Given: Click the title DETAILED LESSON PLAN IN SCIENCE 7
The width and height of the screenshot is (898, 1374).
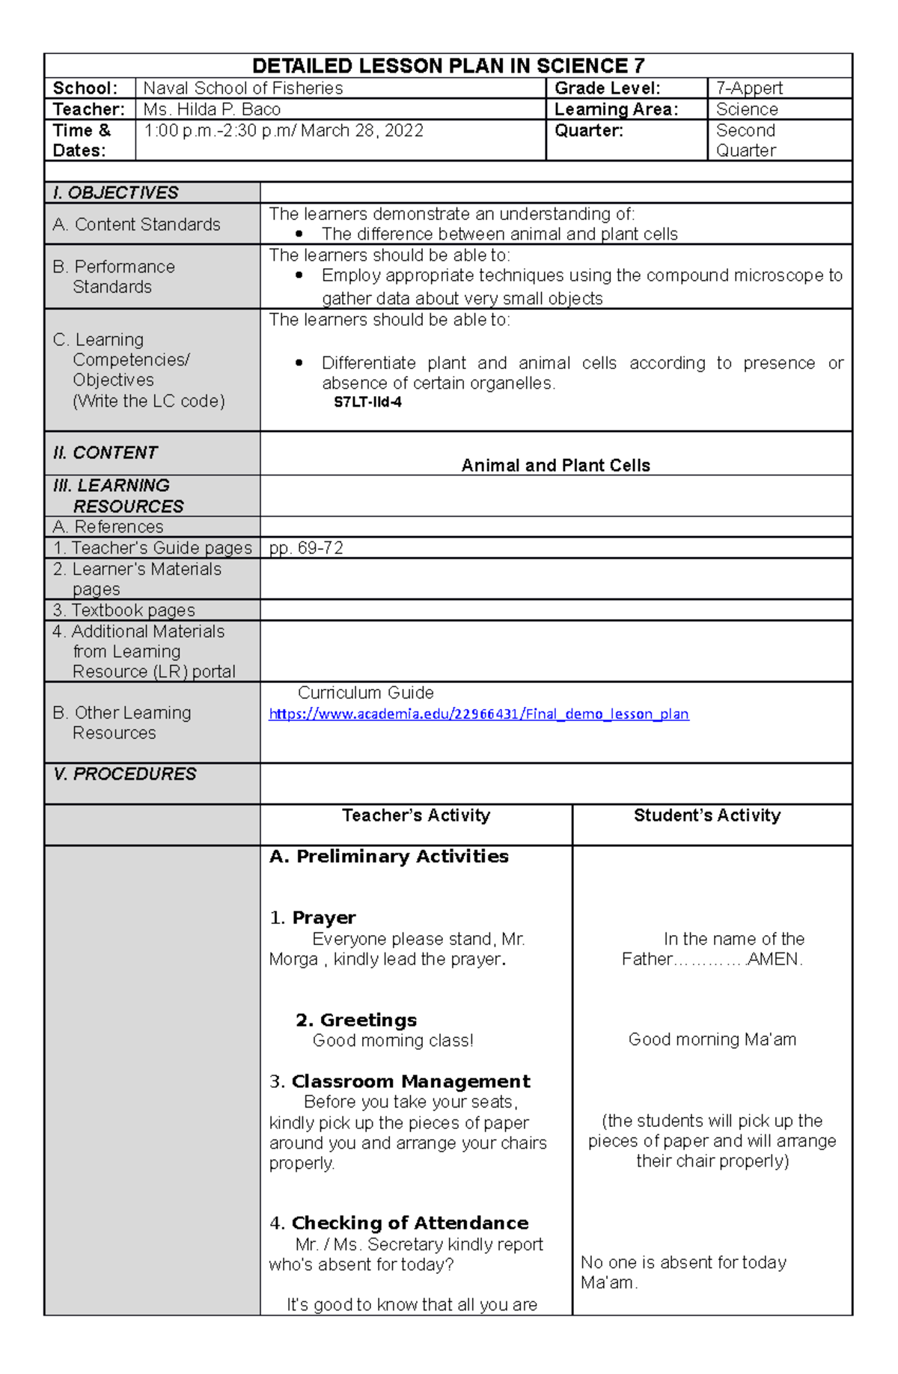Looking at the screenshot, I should click(448, 66).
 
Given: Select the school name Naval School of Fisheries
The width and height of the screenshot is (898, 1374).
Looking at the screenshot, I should click(243, 88).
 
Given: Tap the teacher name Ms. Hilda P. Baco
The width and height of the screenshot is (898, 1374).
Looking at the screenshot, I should click(212, 109).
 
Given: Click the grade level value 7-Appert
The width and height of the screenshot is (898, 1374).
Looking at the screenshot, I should click(749, 88).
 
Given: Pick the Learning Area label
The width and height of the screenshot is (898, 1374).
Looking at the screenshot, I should click(616, 109).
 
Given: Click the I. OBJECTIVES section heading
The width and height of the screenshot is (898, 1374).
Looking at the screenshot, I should click(115, 192).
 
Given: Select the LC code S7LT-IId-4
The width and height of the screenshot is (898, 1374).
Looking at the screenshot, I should click(367, 402).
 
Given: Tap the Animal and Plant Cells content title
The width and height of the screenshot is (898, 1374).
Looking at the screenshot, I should click(555, 466).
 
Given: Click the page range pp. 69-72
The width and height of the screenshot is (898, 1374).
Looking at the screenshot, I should click(306, 548).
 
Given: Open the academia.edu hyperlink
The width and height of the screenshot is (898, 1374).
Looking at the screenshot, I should click(479, 714).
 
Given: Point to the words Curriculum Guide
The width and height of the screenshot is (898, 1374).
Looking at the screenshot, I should click(365, 693).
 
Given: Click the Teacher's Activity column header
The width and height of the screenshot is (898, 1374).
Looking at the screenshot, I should click(416, 815).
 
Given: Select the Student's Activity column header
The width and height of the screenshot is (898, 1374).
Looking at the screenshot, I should click(706, 815).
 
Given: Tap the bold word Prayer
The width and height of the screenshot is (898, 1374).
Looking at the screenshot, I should click(323, 918).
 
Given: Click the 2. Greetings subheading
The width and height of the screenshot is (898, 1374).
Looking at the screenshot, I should click(356, 1020).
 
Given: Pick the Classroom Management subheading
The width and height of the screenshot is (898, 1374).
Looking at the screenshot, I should click(410, 1081).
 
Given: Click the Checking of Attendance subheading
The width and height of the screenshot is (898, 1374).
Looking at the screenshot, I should click(409, 1223).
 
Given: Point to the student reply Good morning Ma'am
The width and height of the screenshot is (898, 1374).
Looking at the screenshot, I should click(712, 1039).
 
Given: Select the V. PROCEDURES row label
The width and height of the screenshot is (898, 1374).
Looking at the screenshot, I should click(124, 774).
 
